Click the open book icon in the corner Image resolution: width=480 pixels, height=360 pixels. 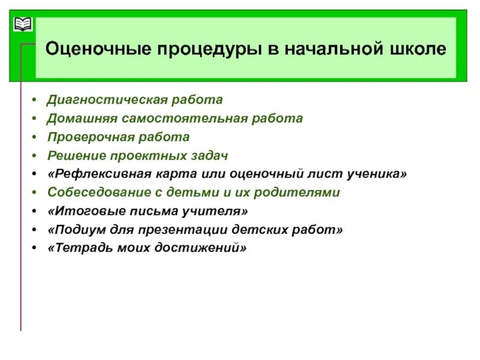pos(22,25)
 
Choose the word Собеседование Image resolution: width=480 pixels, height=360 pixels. pos(94,193)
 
